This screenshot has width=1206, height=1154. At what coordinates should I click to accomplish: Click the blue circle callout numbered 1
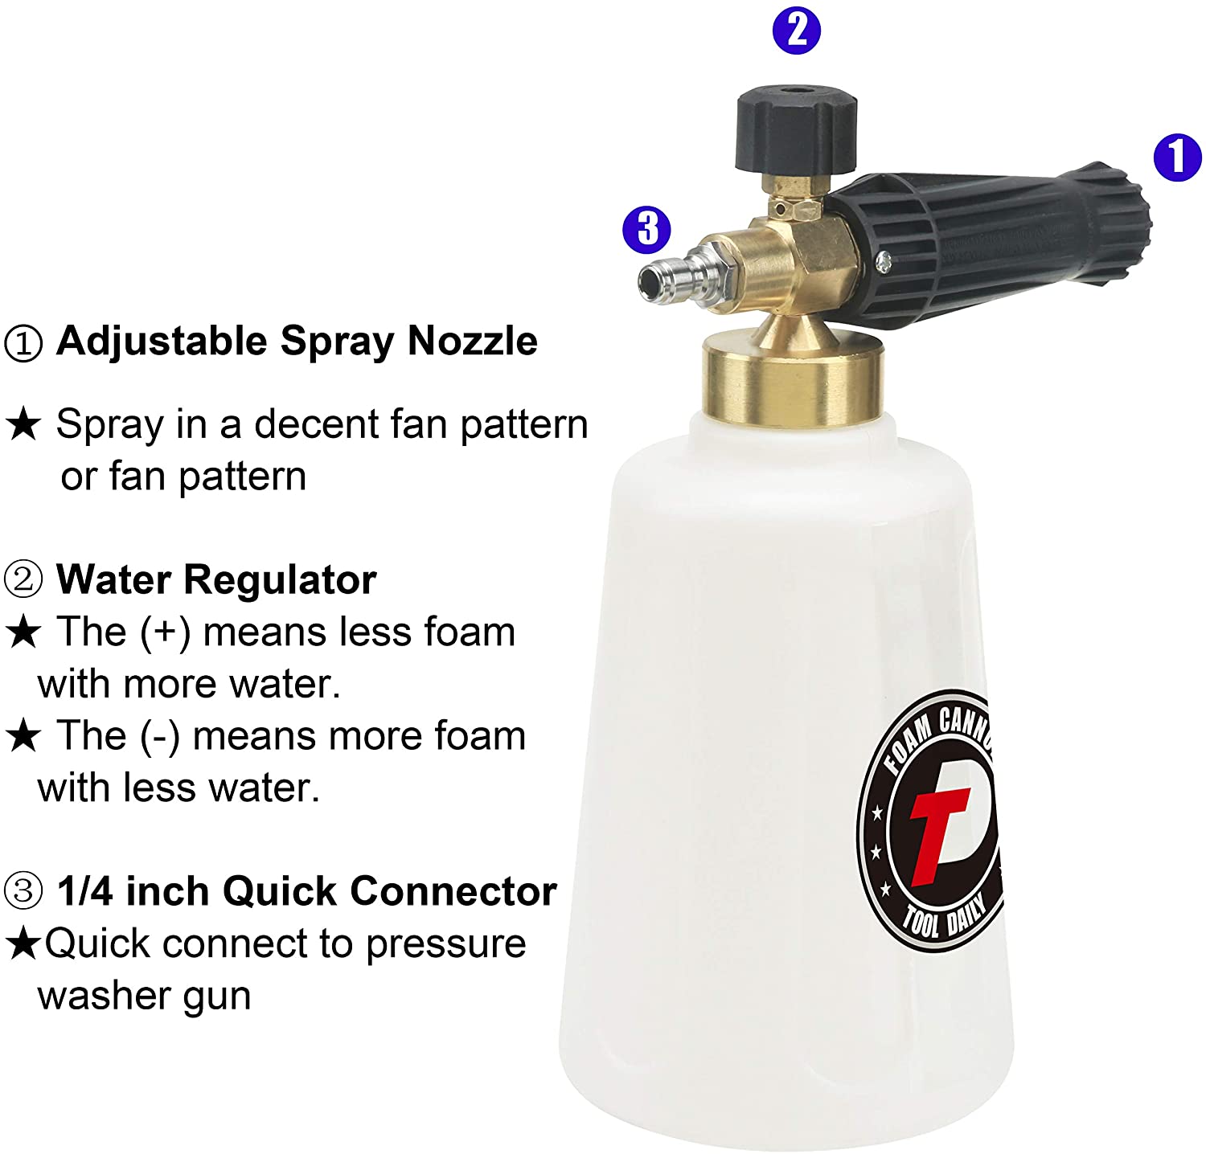[x=1177, y=157]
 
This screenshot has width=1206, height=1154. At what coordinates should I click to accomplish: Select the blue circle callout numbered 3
[x=647, y=228]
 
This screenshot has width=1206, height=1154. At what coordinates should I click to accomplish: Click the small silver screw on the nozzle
[x=884, y=261]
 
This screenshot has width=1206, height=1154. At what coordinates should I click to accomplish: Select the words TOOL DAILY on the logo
[x=945, y=917]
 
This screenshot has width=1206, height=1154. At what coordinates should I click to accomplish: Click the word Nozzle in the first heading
[x=472, y=341]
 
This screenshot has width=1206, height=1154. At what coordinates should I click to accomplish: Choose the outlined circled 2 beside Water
[x=23, y=579]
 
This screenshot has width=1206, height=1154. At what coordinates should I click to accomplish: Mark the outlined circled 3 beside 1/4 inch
[x=23, y=891]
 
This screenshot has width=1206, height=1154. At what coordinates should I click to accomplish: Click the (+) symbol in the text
[x=165, y=632]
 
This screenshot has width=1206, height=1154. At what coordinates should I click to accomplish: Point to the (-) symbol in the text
[x=160, y=736]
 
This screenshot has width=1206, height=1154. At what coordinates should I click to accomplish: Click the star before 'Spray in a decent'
[x=23, y=424]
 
